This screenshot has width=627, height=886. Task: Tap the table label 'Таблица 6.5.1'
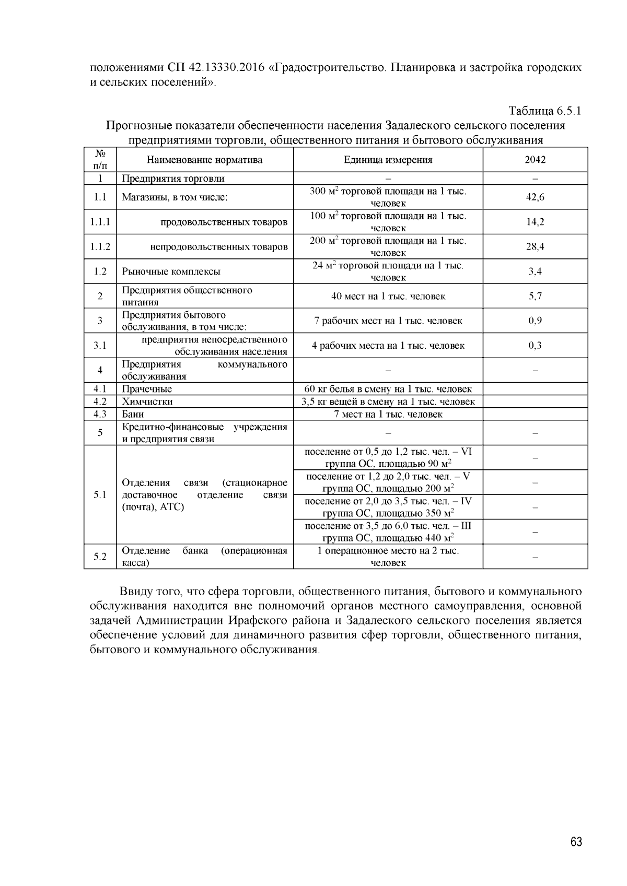pyautogui.click(x=545, y=111)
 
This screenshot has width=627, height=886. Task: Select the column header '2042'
pyautogui.click(x=535, y=160)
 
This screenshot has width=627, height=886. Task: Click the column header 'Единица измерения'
pyautogui.click(x=388, y=160)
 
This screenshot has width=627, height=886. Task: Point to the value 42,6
pyautogui.click(x=535, y=197)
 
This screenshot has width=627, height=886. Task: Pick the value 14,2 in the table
pyautogui.click(x=535, y=222)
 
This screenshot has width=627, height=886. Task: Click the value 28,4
pyautogui.click(x=535, y=246)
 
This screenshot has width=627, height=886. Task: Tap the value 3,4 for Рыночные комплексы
pyautogui.click(x=535, y=271)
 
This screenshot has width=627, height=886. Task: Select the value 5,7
pyautogui.click(x=535, y=296)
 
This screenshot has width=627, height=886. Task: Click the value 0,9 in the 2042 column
pyautogui.click(x=535, y=321)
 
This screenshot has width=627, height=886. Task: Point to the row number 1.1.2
pyautogui.click(x=100, y=246)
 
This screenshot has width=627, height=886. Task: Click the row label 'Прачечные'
pyautogui.click(x=147, y=389)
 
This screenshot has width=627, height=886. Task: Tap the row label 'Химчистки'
pyautogui.click(x=147, y=401)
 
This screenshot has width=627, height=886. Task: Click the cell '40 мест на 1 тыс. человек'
pyautogui.click(x=388, y=296)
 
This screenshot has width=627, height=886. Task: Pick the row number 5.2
pyautogui.click(x=100, y=557)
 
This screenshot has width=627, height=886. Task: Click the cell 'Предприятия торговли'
pyautogui.click(x=173, y=179)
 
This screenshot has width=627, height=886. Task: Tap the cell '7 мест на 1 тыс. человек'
pyautogui.click(x=388, y=414)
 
